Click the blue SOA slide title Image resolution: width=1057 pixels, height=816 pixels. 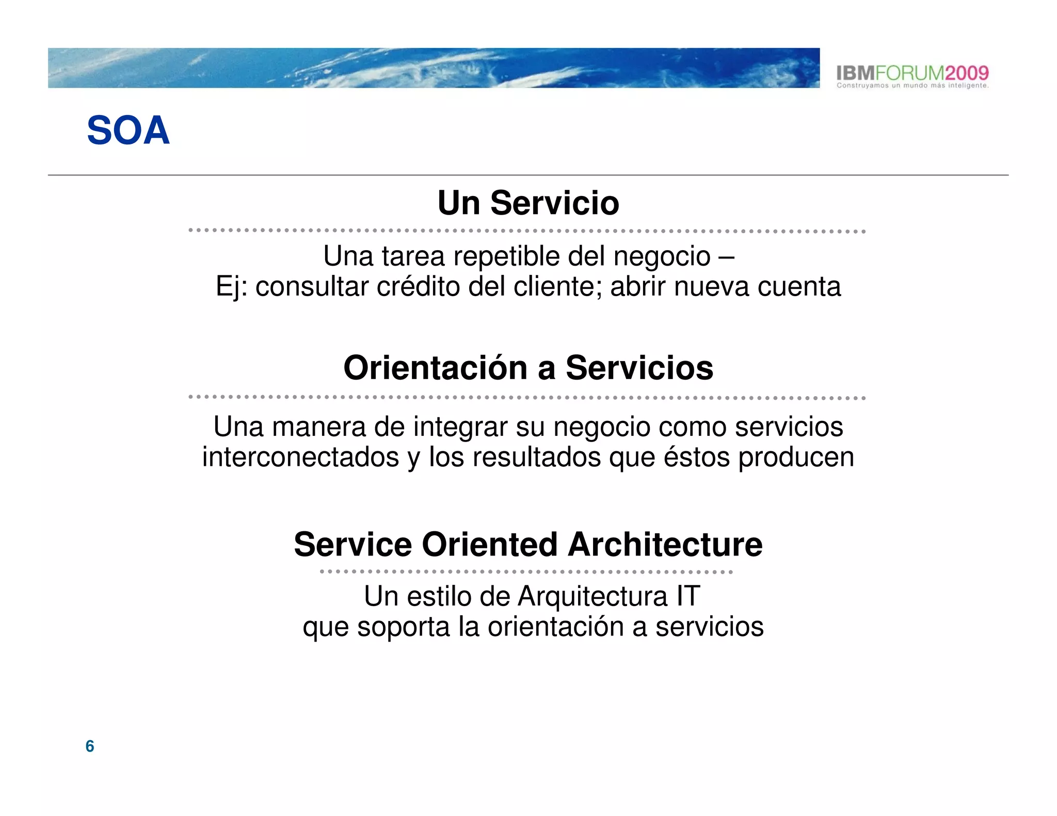pyautogui.click(x=128, y=130)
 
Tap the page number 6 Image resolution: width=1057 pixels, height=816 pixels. pyautogui.click(x=90, y=746)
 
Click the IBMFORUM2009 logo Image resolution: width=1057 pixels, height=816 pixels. pyautogui.click(x=912, y=72)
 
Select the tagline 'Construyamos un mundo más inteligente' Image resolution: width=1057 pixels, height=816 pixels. pyautogui.click(x=912, y=86)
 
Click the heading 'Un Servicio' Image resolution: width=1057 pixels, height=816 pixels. pyautogui.click(x=528, y=203)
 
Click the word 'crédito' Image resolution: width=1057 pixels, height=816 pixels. pyautogui.click(x=418, y=287)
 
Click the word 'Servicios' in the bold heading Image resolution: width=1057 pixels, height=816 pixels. pyautogui.click(x=639, y=368)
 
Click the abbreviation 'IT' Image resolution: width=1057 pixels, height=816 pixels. pyautogui.click(x=688, y=597)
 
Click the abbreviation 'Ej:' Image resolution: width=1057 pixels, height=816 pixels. pyautogui.click(x=232, y=287)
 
